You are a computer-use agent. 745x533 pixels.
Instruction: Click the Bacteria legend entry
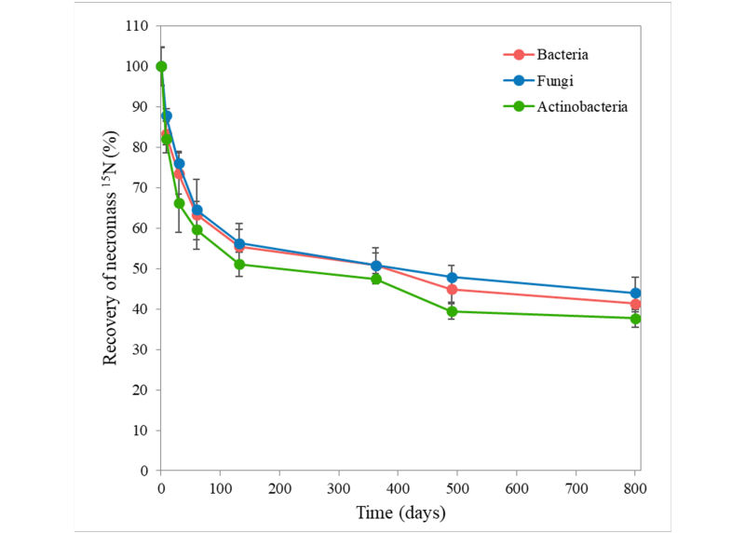[x=562, y=54]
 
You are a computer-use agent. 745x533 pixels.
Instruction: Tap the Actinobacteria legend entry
[x=582, y=106]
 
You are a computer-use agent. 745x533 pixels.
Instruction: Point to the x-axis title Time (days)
[x=400, y=512]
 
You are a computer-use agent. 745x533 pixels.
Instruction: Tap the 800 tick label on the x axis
[x=635, y=487]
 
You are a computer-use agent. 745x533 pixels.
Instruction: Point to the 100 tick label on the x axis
[x=220, y=487]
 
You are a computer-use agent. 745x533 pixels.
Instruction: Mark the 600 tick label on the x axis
[x=517, y=487]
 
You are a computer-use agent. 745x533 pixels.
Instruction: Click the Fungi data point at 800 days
[x=636, y=293]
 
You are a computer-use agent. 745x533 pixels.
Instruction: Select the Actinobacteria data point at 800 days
[x=636, y=319]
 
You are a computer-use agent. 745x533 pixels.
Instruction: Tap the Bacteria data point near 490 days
[x=452, y=289]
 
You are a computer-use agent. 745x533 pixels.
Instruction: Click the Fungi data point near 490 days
[x=452, y=277]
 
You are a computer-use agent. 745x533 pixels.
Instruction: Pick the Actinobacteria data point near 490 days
[x=452, y=311]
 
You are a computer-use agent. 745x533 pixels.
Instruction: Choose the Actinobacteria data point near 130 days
[x=239, y=264]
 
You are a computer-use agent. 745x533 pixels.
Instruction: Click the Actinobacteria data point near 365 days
[x=376, y=279]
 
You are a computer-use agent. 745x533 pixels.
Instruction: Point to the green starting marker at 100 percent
[x=161, y=66]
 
